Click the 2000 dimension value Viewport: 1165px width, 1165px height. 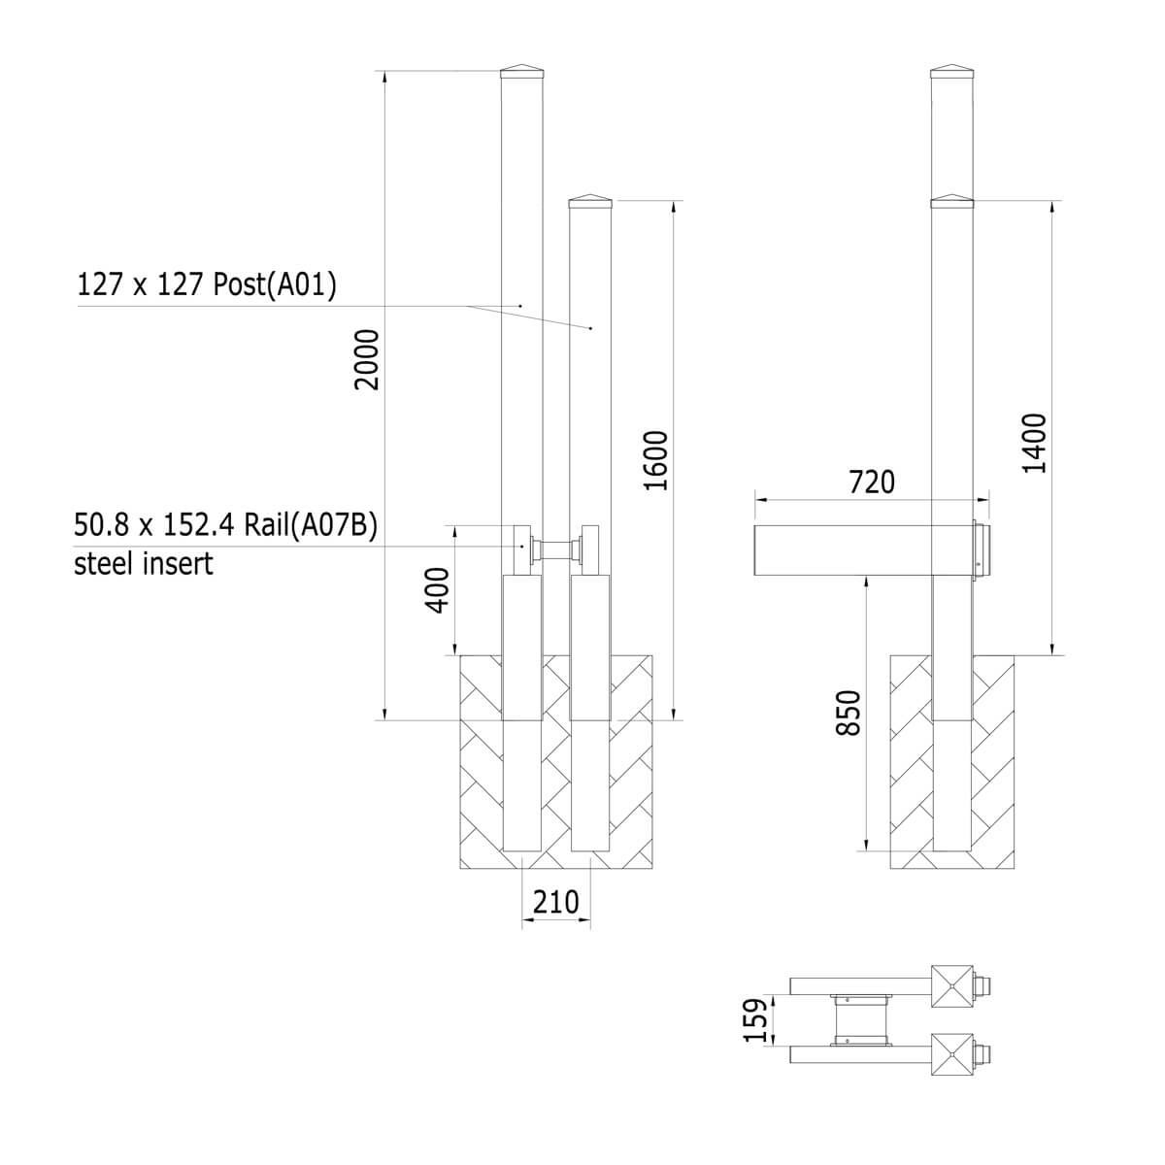coord(367,360)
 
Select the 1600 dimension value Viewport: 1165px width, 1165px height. coord(655,461)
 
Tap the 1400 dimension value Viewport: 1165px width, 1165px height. coord(1034,444)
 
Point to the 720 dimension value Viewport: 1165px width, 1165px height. coord(872,483)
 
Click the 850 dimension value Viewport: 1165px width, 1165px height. coord(848,713)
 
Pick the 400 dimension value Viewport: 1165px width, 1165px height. coord(438,590)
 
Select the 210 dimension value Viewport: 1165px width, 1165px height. coord(555,902)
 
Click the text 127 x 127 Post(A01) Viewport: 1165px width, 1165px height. coord(206,284)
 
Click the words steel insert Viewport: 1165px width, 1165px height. coord(144,564)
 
